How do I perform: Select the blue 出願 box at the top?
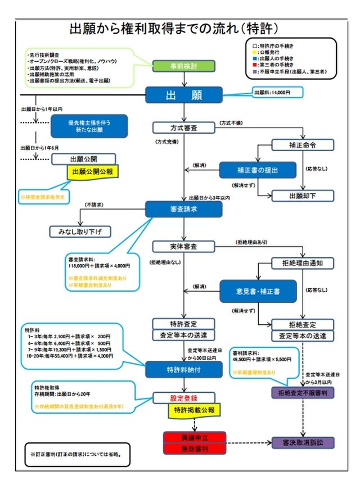tap(183, 94)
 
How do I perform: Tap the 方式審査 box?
tap(183, 127)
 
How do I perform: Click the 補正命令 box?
tap(303, 145)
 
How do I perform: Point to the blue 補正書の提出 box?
tap(256, 170)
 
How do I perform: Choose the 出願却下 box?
tap(303, 196)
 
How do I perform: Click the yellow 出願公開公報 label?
tap(93, 171)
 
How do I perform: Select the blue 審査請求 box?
tap(183, 209)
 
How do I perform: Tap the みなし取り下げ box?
tap(80, 232)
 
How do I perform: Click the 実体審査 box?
tap(183, 246)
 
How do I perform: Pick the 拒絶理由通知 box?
tap(303, 262)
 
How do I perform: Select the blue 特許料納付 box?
tap(183, 369)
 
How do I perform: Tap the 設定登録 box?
tap(183, 397)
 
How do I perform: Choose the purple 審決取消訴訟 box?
tap(303, 442)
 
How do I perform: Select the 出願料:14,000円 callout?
tap(277, 92)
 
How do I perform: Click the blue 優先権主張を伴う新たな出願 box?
tap(89, 126)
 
